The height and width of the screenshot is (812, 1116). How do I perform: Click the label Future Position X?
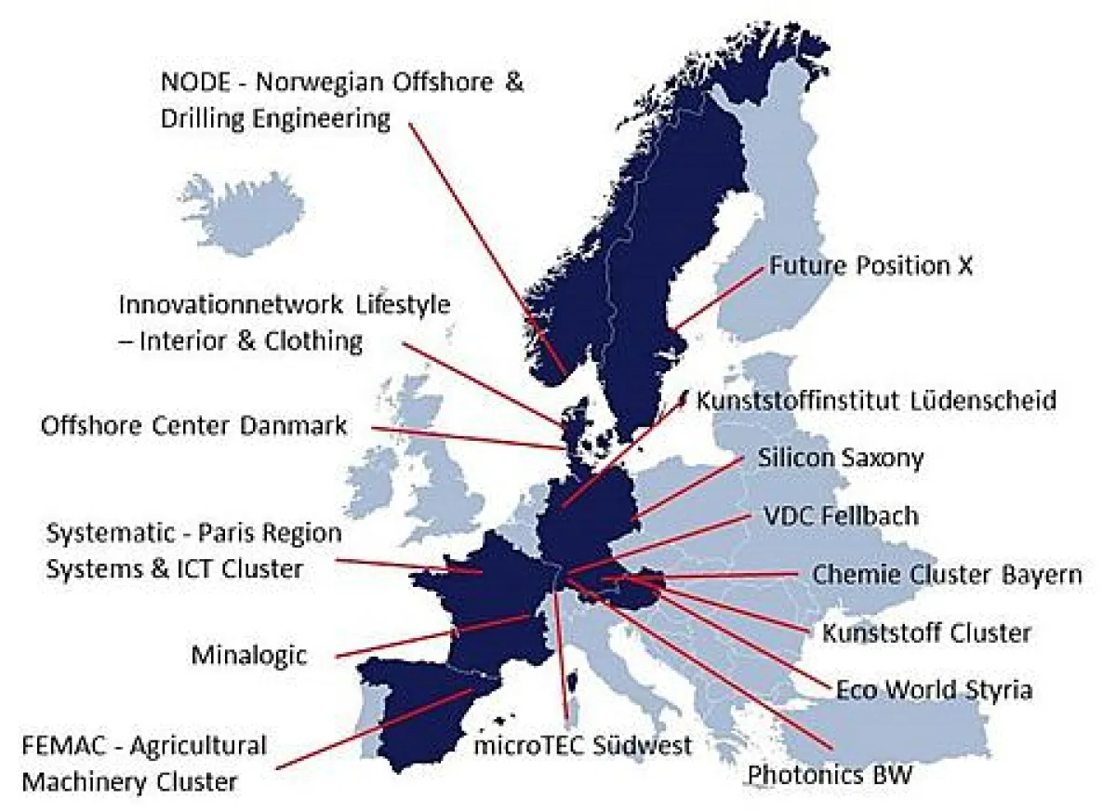click(x=870, y=266)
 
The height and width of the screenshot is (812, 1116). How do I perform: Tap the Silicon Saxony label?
click(x=841, y=458)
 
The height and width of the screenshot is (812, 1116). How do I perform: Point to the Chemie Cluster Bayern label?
click(x=947, y=574)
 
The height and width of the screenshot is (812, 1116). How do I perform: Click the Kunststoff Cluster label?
click(x=926, y=633)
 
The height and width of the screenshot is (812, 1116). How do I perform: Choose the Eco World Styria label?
click(x=933, y=690)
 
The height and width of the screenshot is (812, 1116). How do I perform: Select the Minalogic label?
click(x=248, y=655)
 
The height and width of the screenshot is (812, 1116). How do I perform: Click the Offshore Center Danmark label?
click(x=193, y=426)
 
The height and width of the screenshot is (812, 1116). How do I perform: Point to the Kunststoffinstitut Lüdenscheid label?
click(x=876, y=401)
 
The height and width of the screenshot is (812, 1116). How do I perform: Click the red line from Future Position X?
click(x=721, y=297)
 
